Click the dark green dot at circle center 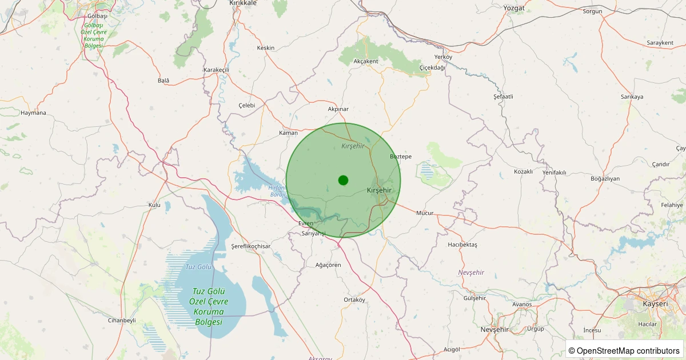click(x=343, y=180)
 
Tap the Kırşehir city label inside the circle click(x=379, y=190)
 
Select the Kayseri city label click(x=655, y=303)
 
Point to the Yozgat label click(x=514, y=8)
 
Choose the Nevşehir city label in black click(x=494, y=330)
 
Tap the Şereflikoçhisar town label click(x=250, y=246)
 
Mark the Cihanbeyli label click(x=122, y=320)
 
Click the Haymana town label click(x=33, y=113)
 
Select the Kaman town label click(x=288, y=133)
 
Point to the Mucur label click(x=425, y=213)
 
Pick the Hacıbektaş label click(x=462, y=245)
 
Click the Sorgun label click(x=593, y=11)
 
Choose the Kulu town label click(x=154, y=205)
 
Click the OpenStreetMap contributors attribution click(x=624, y=350)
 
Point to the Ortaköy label click(x=354, y=299)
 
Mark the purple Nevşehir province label click(x=471, y=273)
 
